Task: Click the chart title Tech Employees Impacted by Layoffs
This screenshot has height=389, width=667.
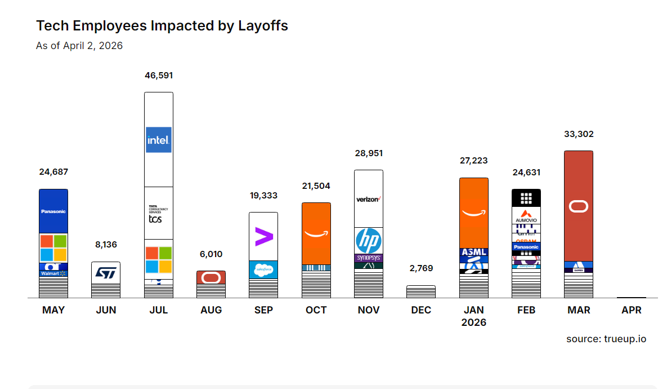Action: coord(162,25)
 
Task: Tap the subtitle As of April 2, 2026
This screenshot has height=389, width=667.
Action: coord(79,46)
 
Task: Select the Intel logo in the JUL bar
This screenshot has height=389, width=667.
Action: coord(159,140)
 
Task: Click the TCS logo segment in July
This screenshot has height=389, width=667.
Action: coord(155,214)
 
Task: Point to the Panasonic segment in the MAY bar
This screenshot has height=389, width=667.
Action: coord(53,211)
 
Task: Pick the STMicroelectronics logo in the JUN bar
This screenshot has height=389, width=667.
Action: coord(106,273)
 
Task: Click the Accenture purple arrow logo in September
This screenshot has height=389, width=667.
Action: coord(263,237)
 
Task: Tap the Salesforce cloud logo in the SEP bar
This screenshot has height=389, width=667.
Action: coord(263,270)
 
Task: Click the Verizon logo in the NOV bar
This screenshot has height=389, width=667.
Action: coord(369,199)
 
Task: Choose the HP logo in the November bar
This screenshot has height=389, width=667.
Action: coord(369,241)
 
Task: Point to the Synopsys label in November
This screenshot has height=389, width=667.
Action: coord(369,258)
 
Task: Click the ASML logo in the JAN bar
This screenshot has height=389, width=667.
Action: coord(474,252)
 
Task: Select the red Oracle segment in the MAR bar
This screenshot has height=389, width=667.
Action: coord(579,206)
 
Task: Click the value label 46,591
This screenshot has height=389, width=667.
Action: coord(159,75)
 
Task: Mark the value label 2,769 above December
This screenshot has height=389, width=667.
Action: coord(421,268)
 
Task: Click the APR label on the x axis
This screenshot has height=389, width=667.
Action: coord(632,310)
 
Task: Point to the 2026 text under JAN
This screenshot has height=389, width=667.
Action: coord(474,322)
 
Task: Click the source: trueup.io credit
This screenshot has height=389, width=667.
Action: coord(606,339)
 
